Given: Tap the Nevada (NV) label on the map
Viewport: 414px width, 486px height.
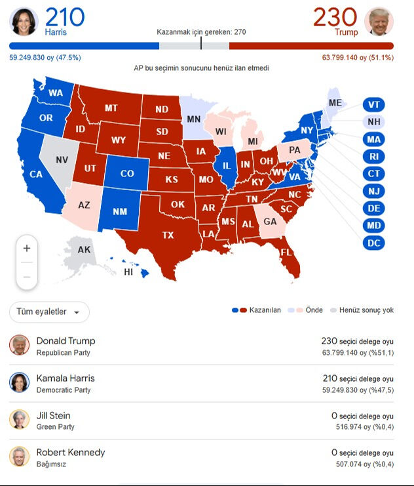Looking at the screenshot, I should point(62,159).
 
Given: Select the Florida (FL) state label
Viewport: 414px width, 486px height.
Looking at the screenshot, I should point(286,253).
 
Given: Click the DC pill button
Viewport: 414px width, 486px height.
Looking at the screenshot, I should point(373,243).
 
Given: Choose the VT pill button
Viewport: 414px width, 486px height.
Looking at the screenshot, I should point(373,105).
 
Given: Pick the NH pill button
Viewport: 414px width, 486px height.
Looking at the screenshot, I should point(373,122).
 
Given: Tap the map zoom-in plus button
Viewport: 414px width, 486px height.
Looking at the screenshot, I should point(27,249).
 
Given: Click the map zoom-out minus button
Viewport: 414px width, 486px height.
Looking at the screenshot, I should point(27,277).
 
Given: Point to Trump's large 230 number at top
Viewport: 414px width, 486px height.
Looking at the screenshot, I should point(335,17).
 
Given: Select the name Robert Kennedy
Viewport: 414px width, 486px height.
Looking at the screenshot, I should point(70,453).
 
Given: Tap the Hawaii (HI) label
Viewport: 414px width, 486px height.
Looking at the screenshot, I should point(128,272).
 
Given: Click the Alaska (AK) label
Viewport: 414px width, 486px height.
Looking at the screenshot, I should point(84,250).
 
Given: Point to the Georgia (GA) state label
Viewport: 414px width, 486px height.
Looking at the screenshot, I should point(269,222).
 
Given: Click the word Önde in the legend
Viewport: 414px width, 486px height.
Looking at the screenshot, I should point(314,310).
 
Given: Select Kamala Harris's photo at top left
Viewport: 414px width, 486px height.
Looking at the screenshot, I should point(24,22).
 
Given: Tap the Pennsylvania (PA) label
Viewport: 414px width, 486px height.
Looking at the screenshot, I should point(295,150).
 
